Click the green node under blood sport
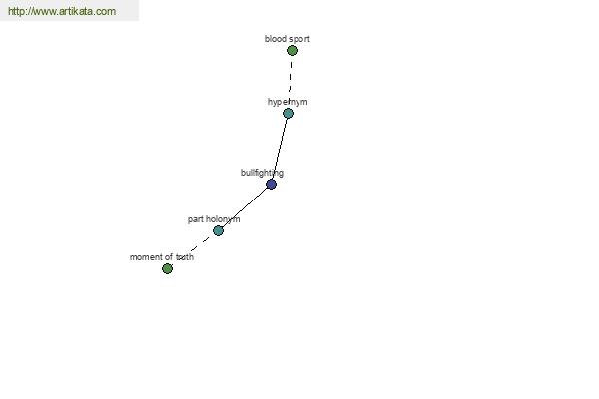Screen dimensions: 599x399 292,51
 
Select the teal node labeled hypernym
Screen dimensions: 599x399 289,113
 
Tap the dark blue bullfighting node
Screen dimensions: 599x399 271,184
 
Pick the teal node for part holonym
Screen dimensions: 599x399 218,231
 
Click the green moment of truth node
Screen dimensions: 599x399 167,268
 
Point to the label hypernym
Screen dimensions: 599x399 288,102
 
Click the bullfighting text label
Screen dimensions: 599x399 262,173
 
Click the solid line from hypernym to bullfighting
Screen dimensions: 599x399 280,149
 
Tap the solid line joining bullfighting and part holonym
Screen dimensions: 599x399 245,207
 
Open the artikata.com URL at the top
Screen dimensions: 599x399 62,11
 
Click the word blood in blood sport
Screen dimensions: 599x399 275,39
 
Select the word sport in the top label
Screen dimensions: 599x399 299,39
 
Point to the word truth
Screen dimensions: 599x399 185,257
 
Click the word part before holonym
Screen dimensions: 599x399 196,219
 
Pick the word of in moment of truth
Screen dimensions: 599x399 168,257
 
